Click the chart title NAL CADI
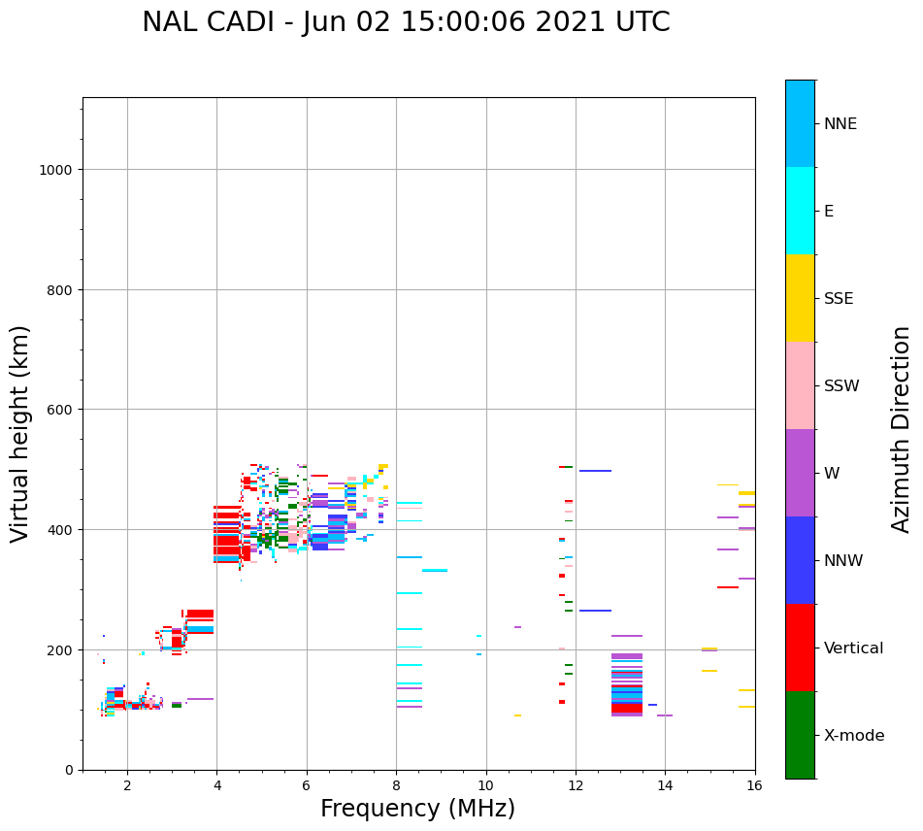point(406,22)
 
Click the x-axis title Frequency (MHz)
point(417,809)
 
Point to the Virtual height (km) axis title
point(20,433)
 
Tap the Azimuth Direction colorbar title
point(902,429)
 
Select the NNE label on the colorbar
point(841,123)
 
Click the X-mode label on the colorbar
point(854,735)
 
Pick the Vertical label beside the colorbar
point(854,648)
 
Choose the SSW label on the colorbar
point(841,385)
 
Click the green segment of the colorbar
point(800,735)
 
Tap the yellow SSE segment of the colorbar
point(800,298)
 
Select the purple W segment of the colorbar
point(800,473)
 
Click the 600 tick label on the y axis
point(60,410)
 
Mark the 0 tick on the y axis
point(69,770)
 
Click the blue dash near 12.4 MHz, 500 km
point(595,471)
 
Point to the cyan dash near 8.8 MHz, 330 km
point(435,571)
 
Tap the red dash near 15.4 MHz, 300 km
point(728,587)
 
